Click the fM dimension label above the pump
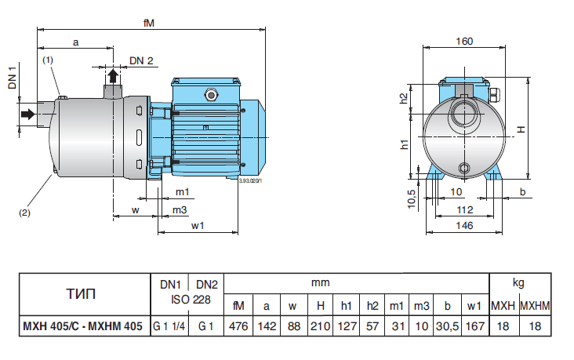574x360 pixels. [x=148, y=23]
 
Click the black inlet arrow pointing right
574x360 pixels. [x=27, y=115]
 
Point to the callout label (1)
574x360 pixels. [x=48, y=60]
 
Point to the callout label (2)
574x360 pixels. [x=25, y=210]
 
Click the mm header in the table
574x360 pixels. [x=320, y=282]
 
